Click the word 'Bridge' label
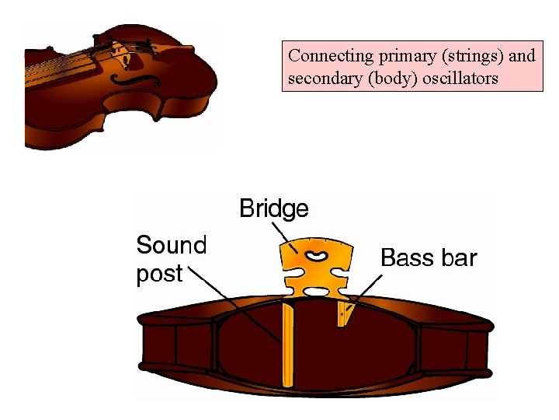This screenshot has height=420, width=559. point(273,208)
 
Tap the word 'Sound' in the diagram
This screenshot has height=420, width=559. point(172,246)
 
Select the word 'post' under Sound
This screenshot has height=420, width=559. point(159,274)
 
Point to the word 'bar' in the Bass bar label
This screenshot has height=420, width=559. point(460,258)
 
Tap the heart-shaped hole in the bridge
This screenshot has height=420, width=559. point(316,255)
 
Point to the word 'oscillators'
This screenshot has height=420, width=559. point(460,79)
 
